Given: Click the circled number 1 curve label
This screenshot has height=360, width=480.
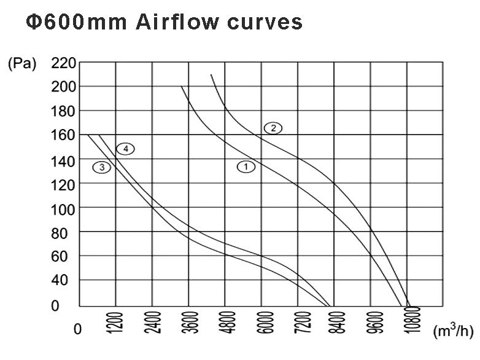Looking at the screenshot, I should coord(246,166).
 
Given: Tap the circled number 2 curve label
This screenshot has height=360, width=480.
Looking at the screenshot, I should coord(273,128).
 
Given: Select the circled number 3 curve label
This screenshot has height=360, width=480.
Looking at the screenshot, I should coord(102,167).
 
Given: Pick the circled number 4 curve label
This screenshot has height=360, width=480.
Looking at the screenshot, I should coord(125,149).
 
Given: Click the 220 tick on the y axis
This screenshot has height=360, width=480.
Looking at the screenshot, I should coord(63,63).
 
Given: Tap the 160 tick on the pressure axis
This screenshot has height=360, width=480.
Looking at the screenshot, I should coord(63,135).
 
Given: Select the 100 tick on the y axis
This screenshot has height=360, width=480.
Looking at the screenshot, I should coord(63,208).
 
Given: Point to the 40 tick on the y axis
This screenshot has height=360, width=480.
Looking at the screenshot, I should coord(63,281).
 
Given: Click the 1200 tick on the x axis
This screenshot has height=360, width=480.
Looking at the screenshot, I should coord(118,323).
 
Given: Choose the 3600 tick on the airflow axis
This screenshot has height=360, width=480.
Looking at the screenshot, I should coord(190,323).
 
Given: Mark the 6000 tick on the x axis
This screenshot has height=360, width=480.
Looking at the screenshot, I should coord(263,323).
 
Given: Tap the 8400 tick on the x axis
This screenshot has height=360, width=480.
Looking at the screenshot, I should coord(335,323).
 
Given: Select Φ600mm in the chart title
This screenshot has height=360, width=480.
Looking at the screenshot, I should coord(77,22).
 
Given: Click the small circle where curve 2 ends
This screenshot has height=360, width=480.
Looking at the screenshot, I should coord(409,308).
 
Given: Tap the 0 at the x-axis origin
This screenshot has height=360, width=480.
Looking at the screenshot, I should coord(77,330).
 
